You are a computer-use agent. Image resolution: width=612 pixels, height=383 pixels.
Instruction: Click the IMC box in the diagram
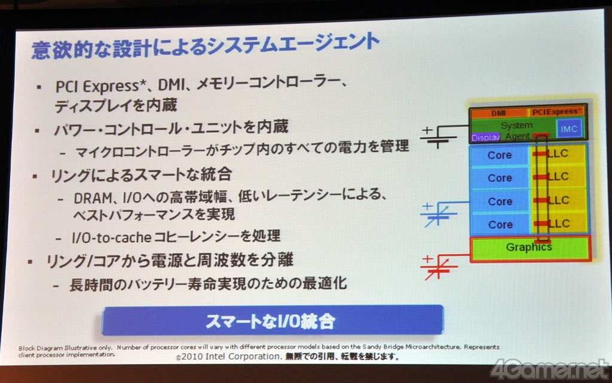(569, 129)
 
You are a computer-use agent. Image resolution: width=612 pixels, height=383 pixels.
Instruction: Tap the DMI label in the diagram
(498, 113)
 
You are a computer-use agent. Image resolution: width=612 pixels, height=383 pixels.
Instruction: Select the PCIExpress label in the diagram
(556, 112)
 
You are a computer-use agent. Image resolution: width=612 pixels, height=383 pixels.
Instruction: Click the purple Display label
(485, 138)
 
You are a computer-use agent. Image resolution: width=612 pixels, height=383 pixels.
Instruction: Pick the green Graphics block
(530, 248)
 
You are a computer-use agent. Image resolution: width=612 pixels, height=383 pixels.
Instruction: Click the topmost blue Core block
(500, 155)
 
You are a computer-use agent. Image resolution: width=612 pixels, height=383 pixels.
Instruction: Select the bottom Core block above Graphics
(500, 225)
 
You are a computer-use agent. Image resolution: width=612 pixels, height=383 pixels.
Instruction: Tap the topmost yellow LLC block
(558, 154)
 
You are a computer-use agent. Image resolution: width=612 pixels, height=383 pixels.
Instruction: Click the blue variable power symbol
(438, 214)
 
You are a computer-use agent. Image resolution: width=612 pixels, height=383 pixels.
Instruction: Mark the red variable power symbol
(438, 267)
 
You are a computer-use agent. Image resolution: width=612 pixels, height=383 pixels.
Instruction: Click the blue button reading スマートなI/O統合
(273, 321)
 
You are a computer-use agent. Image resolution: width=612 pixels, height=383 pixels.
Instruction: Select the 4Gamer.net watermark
(550, 369)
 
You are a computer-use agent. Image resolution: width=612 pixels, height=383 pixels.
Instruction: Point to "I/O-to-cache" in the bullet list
(111, 237)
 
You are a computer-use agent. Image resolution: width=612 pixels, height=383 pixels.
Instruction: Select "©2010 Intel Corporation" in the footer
(229, 357)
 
